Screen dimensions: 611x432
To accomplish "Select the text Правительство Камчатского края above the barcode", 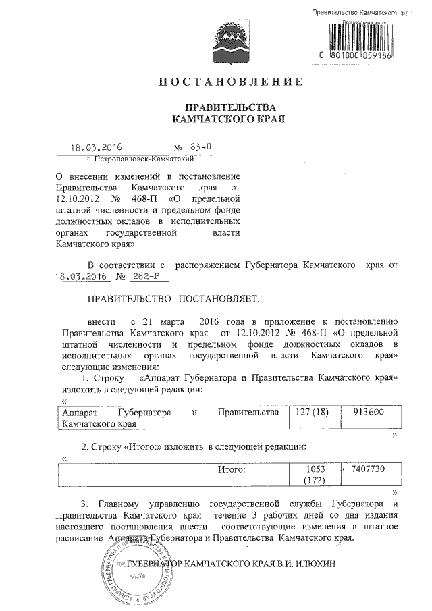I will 362,14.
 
